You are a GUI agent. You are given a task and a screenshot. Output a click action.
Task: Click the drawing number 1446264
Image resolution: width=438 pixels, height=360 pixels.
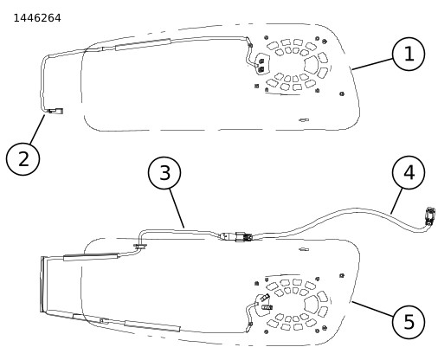point(37,18)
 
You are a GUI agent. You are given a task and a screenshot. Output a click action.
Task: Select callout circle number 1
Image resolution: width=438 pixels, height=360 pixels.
point(409,54)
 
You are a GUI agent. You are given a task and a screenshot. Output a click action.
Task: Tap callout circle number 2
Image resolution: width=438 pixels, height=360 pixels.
point(23,159)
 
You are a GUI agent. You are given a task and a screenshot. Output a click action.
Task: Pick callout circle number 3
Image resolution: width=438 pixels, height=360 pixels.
point(164,173)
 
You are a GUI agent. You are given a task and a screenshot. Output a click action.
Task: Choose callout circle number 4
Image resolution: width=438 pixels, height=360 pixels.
point(409,172)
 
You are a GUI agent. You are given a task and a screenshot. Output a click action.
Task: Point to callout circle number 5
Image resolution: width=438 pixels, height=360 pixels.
point(409,322)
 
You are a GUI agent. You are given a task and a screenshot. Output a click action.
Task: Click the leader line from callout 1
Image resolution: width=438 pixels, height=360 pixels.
point(372,64)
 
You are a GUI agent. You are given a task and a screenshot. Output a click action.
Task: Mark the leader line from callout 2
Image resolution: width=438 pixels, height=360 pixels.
point(37,129)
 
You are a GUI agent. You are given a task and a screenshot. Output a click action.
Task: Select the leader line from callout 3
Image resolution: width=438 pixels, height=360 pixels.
point(177,209)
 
